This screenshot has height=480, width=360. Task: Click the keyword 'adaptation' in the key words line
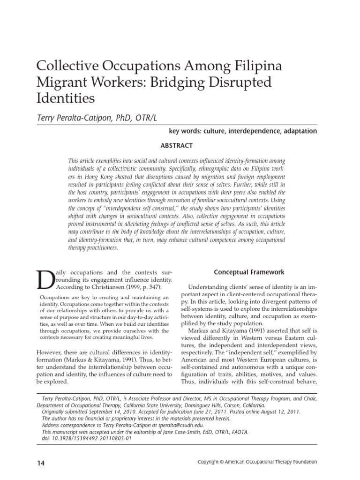point(296,131)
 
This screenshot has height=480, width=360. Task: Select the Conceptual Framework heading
point(249,272)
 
